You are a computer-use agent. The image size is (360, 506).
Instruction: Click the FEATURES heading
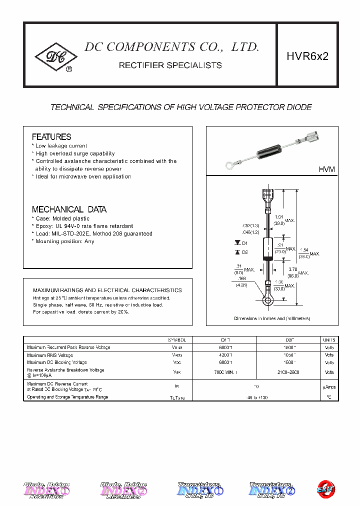pos(51,137)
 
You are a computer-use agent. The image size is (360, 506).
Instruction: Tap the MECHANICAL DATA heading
pos(69,209)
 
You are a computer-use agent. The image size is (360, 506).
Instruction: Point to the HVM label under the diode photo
pos(326,170)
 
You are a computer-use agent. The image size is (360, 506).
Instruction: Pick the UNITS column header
pos(329,340)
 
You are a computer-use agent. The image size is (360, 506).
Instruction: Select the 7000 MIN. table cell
pos(224,372)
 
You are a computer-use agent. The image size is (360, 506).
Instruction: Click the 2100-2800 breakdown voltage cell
pos(288,372)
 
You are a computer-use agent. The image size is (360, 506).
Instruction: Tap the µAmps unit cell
pos(329,386)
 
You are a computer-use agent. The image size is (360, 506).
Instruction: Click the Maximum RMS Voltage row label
pos(50,355)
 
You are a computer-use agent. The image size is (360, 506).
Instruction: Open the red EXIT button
pos(326,488)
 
